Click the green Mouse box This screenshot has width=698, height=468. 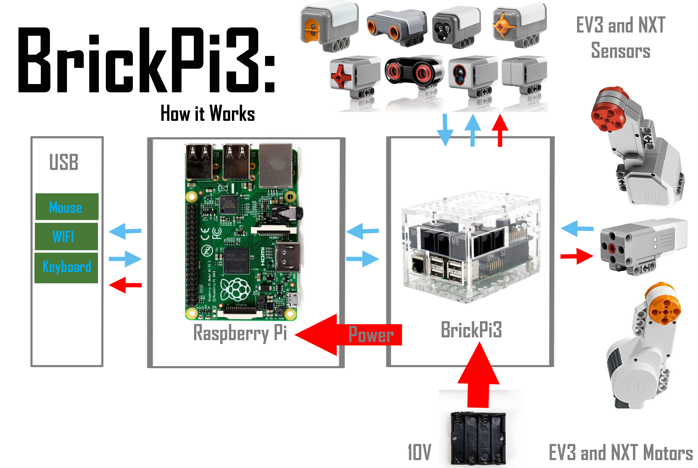[67, 207]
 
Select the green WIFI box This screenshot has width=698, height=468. [66, 236]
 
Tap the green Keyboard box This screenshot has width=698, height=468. [66, 267]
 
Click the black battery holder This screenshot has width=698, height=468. [478, 438]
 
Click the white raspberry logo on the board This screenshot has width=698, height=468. [235, 290]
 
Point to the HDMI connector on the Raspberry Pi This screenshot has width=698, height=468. [288, 257]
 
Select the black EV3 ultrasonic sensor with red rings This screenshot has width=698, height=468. [414, 72]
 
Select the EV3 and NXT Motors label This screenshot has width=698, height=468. [620, 452]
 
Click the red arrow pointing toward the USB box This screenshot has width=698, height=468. [125, 285]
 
